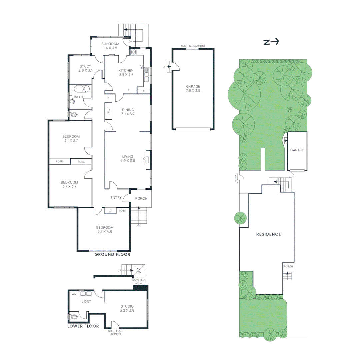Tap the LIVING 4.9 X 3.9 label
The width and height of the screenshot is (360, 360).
(x=128, y=158)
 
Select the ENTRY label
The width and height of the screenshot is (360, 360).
(x=116, y=198)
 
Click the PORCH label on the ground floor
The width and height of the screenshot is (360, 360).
(x=141, y=199)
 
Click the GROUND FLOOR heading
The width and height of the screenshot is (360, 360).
(x=112, y=254)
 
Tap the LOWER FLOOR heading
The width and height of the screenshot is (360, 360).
(x=83, y=326)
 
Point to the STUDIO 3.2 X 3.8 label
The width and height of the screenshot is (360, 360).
(x=127, y=308)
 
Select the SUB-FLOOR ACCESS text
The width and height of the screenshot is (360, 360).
(x=116, y=332)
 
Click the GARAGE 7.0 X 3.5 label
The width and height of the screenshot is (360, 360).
(x=193, y=88)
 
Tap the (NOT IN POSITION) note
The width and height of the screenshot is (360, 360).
(x=193, y=46)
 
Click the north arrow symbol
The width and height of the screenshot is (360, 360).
(x=271, y=42)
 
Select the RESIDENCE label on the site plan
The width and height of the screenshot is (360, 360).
(x=268, y=234)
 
